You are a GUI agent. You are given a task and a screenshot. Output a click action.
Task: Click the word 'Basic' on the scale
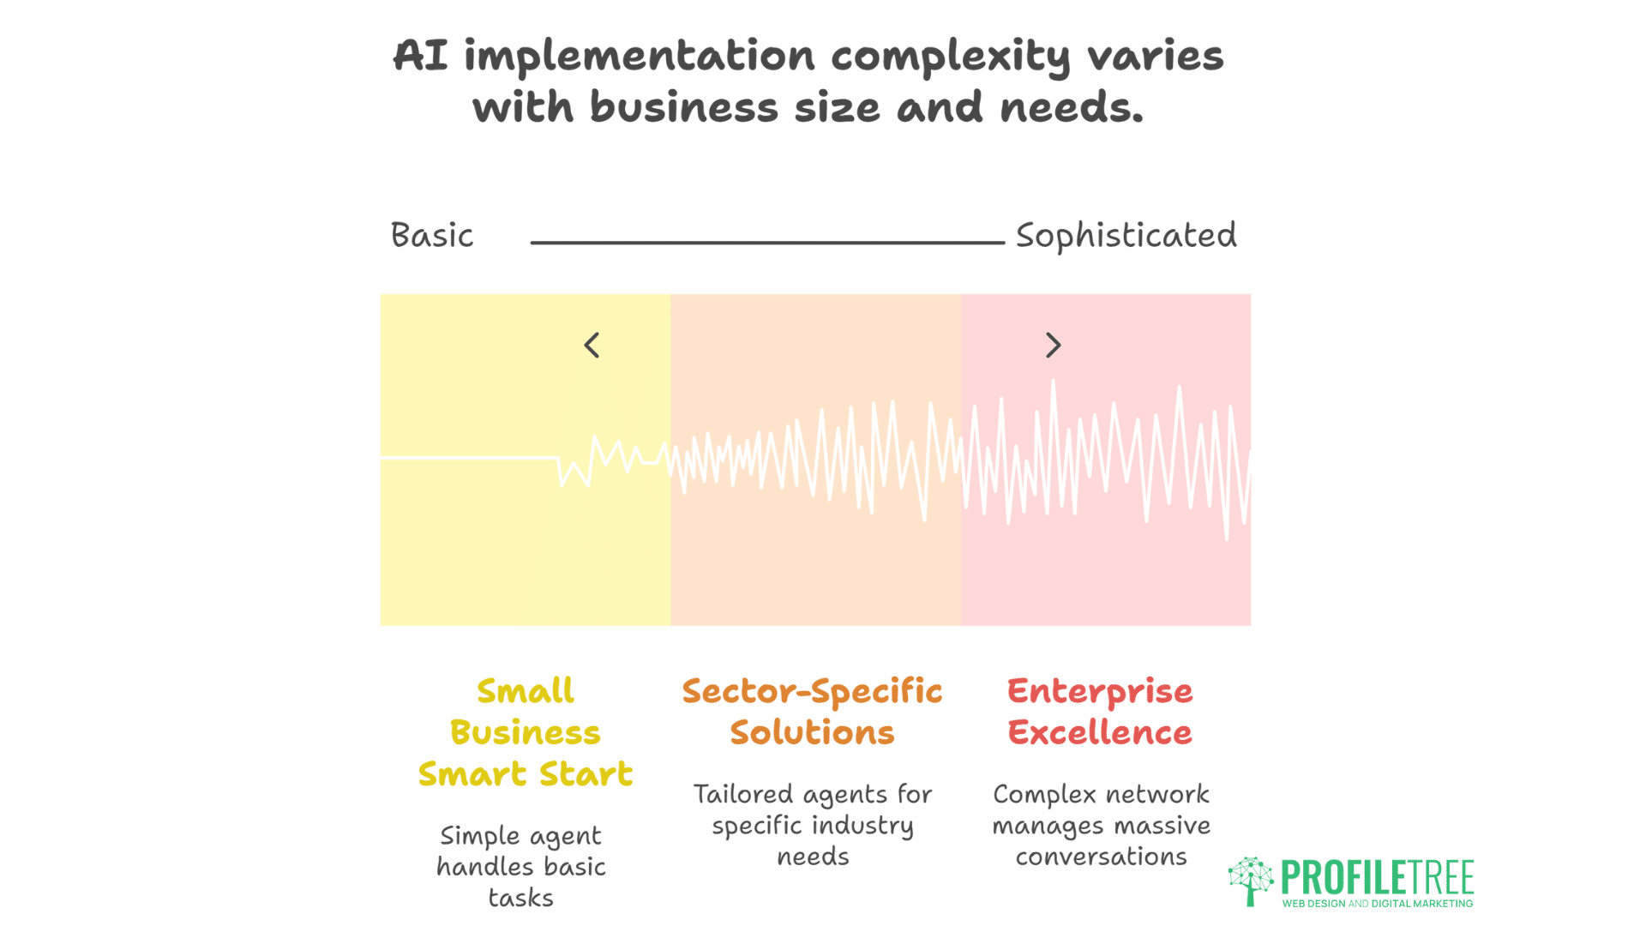point(431,235)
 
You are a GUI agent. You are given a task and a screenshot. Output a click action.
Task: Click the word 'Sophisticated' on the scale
point(1126,235)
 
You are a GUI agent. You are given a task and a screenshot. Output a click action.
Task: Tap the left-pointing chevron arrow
point(592,346)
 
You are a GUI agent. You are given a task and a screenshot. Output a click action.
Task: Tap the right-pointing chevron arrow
point(1054,346)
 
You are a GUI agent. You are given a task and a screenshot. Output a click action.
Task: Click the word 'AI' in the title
point(420,57)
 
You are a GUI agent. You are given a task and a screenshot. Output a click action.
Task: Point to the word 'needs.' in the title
point(1072,108)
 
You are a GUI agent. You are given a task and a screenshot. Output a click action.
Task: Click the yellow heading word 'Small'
point(525,691)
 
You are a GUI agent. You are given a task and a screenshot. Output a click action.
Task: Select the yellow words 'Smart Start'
point(525,774)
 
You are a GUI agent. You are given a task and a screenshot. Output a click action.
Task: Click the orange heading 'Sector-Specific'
point(812,691)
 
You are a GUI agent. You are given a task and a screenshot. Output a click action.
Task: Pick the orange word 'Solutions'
point(812,733)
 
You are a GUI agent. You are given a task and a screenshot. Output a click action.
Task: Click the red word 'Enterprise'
point(1100,691)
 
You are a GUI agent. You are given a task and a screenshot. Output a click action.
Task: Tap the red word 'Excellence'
point(1100,733)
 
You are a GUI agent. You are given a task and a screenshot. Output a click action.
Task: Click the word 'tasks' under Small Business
point(520,898)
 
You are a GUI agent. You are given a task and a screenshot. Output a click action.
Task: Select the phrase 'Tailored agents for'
point(812,795)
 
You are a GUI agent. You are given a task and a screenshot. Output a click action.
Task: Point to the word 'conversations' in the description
point(1101,857)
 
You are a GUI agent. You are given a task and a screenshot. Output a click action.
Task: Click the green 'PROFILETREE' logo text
point(1377,878)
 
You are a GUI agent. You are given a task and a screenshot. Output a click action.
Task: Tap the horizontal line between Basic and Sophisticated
point(767,243)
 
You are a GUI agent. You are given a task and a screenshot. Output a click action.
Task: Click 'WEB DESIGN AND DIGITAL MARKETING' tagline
point(1377,904)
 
